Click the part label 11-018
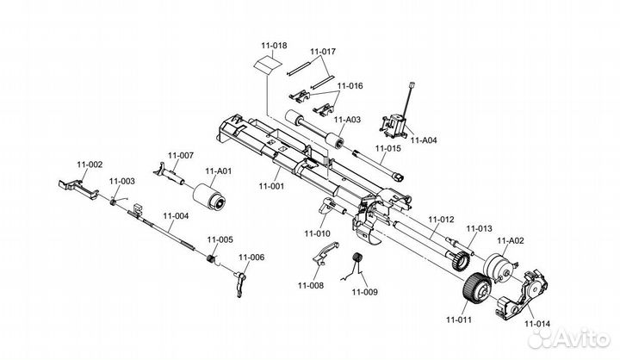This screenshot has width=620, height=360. [x=274, y=46]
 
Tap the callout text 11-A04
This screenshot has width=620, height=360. [x=424, y=140]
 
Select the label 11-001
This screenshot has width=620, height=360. [x=271, y=186]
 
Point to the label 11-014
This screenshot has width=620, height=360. [x=537, y=324]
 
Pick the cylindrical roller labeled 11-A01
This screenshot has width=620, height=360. [x=208, y=196]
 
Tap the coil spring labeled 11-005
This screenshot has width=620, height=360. [x=212, y=258]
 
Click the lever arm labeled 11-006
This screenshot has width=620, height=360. [x=240, y=282]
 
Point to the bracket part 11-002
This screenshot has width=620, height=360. [x=78, y=189]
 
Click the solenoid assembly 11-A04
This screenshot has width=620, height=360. [x=393, y=127]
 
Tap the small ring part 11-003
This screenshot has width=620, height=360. [x=113, y=202]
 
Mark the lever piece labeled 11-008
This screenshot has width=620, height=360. [x=325, y=253]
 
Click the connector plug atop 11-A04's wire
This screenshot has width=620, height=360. [x=412, y=85]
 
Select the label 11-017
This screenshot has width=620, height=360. [x=323, y=52]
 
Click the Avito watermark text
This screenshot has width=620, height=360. [x=581, y=338]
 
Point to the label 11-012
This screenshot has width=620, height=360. [x=441, y=219]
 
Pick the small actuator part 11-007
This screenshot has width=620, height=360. [x=169, y=173]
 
